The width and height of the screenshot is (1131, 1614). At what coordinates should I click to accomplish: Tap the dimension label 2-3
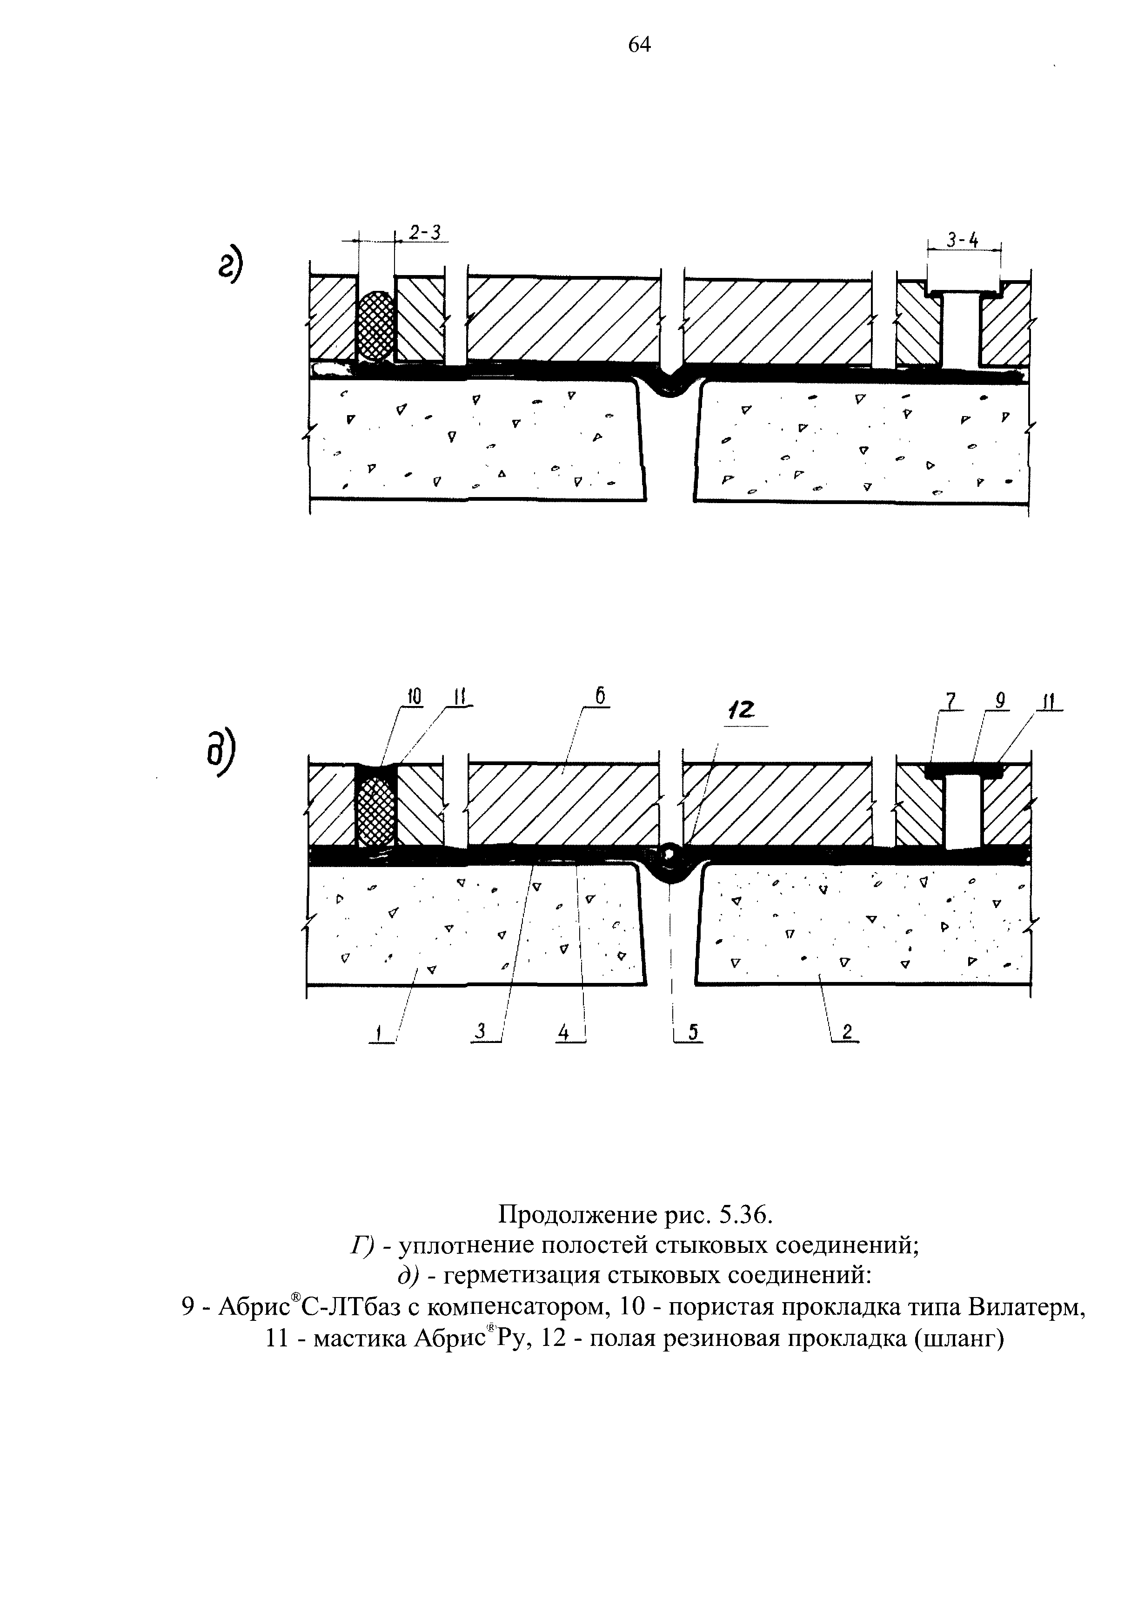(x=425, y=233)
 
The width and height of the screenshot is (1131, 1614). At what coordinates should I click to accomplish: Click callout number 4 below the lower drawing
(x=564, y=1032)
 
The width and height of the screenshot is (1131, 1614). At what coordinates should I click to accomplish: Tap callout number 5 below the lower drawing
(x=692, y=1031)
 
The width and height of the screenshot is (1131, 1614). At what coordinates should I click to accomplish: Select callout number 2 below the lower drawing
(x=847, y=1031)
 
